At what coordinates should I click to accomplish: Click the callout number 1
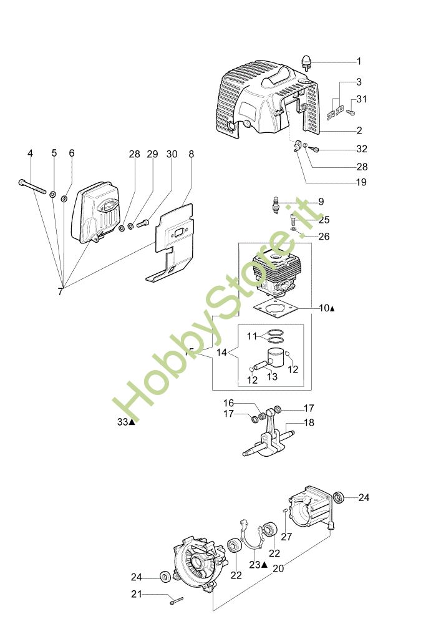coord(359,61)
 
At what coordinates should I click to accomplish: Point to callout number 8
coord(191,154)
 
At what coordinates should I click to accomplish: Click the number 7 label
coord(61,291)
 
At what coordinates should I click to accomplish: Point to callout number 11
coord(251,336)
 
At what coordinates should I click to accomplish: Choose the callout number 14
coord(222,353)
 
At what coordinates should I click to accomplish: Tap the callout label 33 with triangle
coord(125,422)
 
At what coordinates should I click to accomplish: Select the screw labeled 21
coord(175,599)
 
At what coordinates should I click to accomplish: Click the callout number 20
coord(278,569)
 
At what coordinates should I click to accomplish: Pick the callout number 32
coord(362,149)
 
